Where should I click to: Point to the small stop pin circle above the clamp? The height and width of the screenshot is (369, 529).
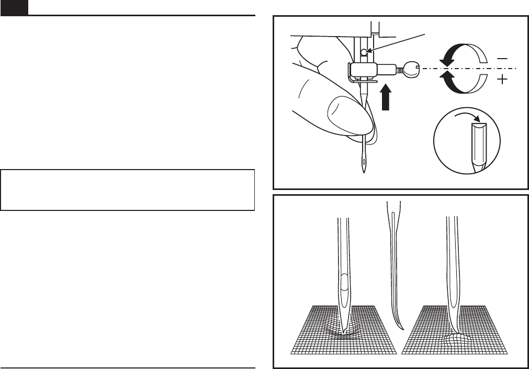point(365,51)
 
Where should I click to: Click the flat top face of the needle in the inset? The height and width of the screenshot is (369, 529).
point(479,125)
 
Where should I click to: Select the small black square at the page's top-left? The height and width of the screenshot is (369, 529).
point(14,7)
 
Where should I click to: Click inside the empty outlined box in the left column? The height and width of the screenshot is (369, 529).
point(127,189)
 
